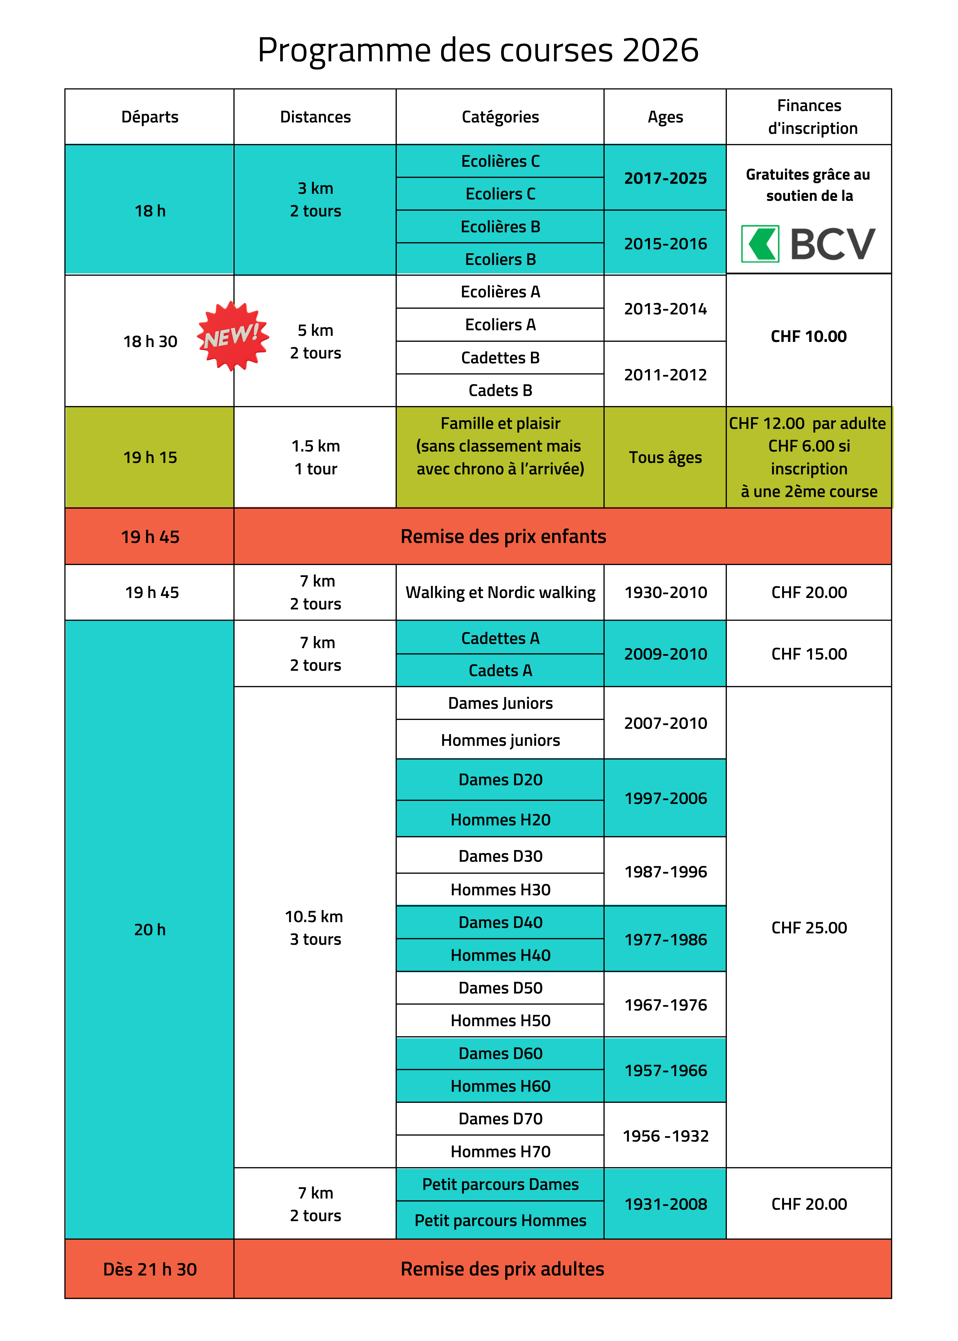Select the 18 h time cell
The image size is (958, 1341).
150,211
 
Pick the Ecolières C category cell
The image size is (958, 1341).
500,161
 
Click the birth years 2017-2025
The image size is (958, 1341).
665,178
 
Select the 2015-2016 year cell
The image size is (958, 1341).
665,243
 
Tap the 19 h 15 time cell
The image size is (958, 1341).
150,457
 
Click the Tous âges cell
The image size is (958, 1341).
665,457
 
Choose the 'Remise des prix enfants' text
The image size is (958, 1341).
503,536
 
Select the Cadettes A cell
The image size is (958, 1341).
500,638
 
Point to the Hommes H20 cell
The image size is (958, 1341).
500,820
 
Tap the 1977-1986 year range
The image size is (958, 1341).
665,939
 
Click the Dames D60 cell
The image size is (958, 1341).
500,1053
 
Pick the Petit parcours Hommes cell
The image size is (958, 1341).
500,1220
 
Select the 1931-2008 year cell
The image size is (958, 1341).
665,1204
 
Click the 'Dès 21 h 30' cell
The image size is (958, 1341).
150,1269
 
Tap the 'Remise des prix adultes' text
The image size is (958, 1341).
502,1268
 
